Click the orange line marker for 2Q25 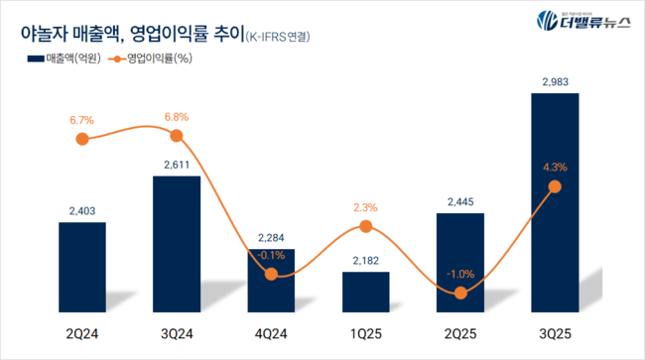click(x=459, y=293)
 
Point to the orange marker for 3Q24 click(x=177, y=136)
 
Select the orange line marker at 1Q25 click(x=366, y=227)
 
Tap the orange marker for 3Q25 click(x=555, y=186)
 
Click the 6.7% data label click(x=82, y=119)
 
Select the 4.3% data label click(x=555, y=167)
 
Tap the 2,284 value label click(x=271, y=237)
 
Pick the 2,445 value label click(x=459, y=201)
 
